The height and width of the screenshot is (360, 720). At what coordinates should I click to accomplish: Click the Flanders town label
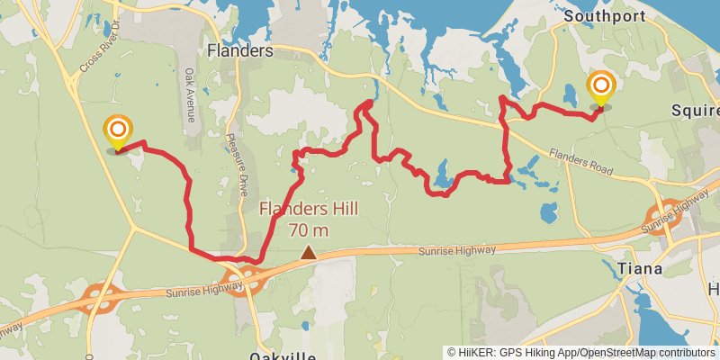tap(239, 51)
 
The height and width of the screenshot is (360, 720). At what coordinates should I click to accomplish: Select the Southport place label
tap(593, 16)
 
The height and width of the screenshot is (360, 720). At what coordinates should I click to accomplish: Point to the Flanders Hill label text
tap(309, 210)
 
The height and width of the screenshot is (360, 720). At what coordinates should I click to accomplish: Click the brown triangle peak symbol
tap(309, 253)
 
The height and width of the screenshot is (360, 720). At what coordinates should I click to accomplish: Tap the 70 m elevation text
tap(309, 229)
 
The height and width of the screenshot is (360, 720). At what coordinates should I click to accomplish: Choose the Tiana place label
tap(641, 269)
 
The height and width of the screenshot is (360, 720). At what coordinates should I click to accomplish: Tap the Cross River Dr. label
tap(99, 58)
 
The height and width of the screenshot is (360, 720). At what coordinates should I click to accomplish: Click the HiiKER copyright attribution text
tap(581, 352)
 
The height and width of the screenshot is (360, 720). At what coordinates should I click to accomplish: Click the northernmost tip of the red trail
tap(368, 103)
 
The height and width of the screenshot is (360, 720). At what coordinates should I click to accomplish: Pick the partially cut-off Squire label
tap(696, 111)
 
